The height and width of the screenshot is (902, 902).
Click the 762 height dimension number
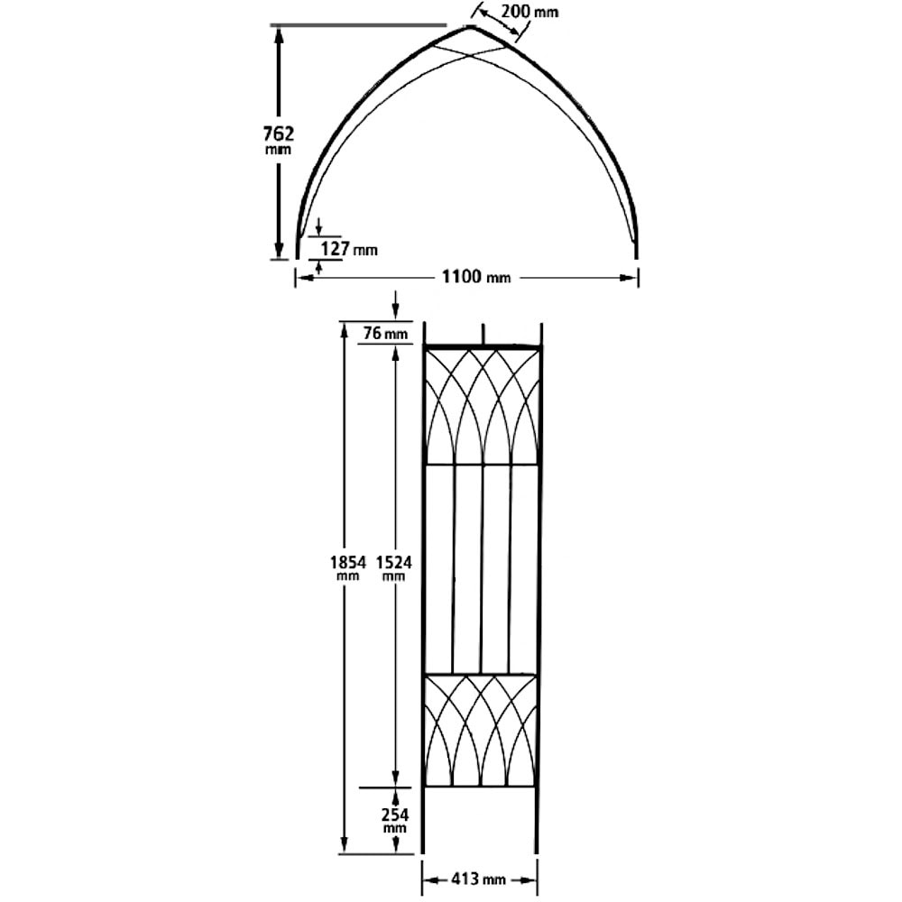point(278,133)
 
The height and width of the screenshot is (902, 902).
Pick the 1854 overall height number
point(347,561)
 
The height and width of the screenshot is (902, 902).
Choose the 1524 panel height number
point(393,561)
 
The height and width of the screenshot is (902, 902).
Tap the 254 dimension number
point(393,815)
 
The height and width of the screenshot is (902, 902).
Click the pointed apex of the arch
point(470,27)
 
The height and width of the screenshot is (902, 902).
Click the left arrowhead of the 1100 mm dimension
point(303,277)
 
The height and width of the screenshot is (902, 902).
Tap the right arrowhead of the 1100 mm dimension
point(630,277)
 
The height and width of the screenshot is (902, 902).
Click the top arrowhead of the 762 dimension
point(279,34)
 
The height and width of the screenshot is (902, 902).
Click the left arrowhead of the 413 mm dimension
point(429,878)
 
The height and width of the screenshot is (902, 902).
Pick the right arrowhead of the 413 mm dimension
point(531,878)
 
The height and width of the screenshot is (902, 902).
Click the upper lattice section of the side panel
point(482,405)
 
